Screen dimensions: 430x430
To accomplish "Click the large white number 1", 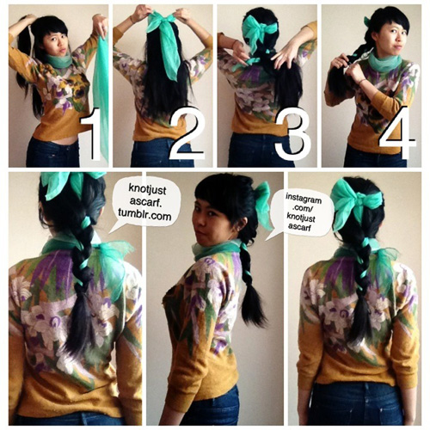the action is pos(93,134).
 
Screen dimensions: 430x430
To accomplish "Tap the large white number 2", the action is pos(187,133).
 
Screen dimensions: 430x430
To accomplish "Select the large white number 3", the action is pos(293,133).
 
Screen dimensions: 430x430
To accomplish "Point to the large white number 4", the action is pos(398,133).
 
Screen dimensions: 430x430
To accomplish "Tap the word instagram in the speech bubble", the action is pos(304,198).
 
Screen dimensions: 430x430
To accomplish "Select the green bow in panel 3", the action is pos(256,32).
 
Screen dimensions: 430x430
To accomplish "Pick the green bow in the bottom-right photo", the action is pos(355,202).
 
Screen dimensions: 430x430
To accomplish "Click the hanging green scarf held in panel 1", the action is pos(101,95).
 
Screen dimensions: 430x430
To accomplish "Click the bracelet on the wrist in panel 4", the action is pos(362,83).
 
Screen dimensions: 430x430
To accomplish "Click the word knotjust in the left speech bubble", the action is pos(147,188).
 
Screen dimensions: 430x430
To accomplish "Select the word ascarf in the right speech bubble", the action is pos(301,226).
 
